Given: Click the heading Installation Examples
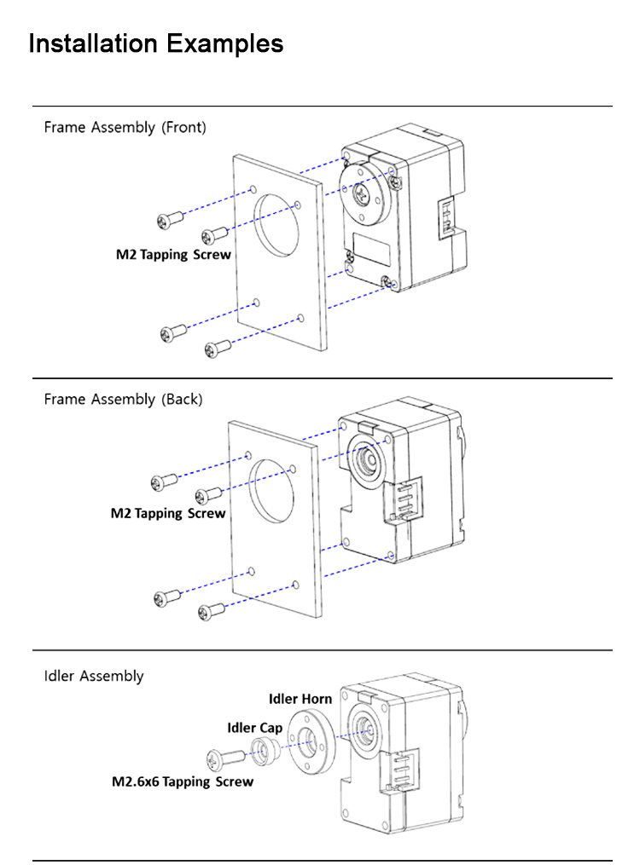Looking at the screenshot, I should tap(156, 43).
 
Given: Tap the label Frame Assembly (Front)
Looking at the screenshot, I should tap(125, 128).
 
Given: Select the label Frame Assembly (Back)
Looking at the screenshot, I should tap(123, 400).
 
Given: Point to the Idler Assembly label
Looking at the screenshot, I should tap(94, 677).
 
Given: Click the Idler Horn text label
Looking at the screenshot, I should tap(300, 700).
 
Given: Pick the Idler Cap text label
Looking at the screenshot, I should tap(254, 729).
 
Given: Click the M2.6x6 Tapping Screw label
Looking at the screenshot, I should tap(183, 781).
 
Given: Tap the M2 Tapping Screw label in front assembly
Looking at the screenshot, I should tap(173, 255).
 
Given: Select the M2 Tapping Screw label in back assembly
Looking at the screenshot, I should tap(168, 514).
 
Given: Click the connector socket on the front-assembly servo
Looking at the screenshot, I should tap(448, 218).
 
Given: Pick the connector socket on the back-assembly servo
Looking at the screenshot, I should tap(404, 500).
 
